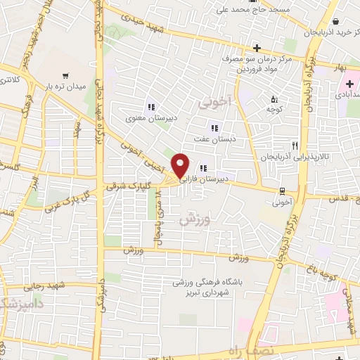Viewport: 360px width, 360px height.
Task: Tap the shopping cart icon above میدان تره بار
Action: point(65,75)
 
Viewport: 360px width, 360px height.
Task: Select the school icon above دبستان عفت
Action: point(214,128)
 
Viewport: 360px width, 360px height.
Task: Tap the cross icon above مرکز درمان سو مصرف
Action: point(257,49)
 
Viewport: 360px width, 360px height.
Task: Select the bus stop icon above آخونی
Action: point(282,191)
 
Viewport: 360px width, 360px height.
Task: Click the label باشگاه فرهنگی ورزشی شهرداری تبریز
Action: point(208,288)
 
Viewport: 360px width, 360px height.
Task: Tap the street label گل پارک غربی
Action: point(68,200)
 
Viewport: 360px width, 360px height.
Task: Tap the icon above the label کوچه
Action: point(274,98)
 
